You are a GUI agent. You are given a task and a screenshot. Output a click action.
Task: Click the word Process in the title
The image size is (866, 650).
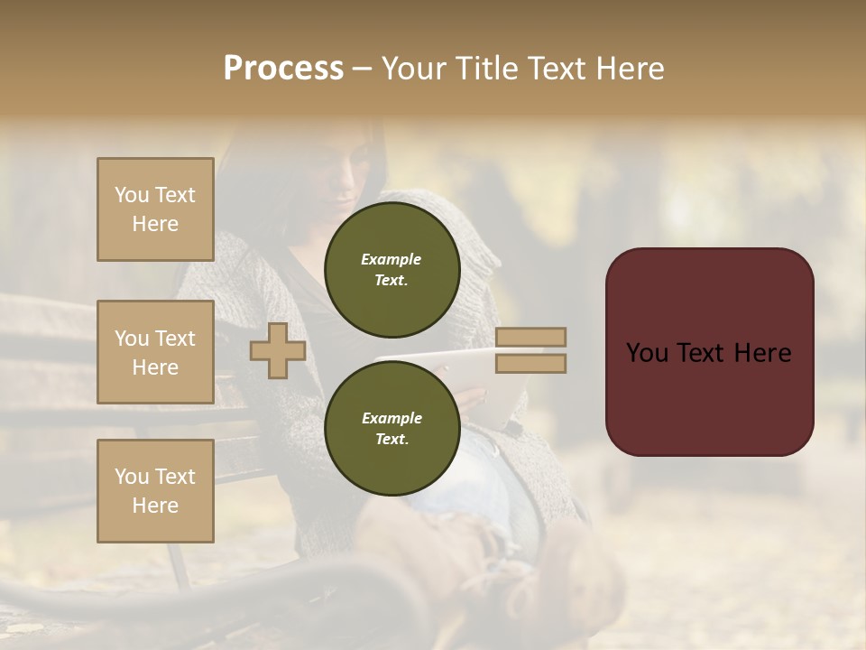coord(283,69)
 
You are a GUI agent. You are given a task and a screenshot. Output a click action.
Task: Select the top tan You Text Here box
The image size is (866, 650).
coord(155,209)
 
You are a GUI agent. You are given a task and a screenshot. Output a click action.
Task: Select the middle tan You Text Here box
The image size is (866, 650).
coord(155,352)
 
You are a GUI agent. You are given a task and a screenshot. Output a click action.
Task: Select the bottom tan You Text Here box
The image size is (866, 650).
coord(155,490)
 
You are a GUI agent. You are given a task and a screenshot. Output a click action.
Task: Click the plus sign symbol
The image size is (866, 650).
coord(278,350)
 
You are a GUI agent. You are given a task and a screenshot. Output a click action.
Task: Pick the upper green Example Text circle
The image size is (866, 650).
coord(392,269)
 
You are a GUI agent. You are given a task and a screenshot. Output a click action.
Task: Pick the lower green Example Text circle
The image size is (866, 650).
coord(392,428)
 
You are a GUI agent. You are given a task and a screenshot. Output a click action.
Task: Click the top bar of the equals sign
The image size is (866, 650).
coord(530,338)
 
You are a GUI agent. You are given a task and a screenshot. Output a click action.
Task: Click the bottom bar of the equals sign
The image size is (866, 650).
coord(530,363)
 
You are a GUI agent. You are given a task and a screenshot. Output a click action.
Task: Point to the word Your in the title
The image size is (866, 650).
coord(415,69)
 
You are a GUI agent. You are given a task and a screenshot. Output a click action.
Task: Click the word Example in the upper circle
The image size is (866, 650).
coord(392,259)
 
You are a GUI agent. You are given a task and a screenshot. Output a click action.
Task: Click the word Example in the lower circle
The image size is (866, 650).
coord(392,418)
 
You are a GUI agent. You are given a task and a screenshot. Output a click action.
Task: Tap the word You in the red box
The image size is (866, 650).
coord(646,353)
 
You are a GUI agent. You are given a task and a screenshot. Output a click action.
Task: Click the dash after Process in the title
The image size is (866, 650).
coord(363,70)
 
